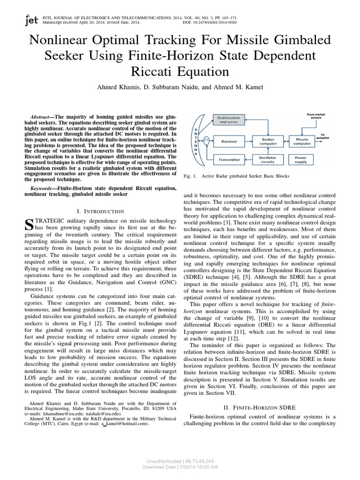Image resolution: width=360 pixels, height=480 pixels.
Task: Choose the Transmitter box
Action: coord(230,159)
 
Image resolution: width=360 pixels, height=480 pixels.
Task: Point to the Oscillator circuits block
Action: coord(268,159)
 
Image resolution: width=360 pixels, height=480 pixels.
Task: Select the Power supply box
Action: coord(300,159)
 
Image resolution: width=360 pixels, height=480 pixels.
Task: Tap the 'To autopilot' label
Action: coord(325,136)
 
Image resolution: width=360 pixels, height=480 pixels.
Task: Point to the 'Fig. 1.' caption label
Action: coord(190,176)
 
